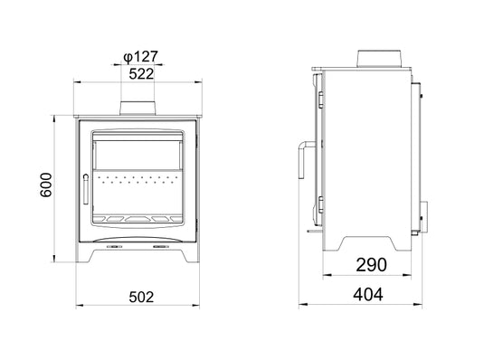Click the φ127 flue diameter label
pyautogui.click(x=139, y=56)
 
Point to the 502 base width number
pyautogui.click(x=142, y=296)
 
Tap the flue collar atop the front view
pyautogui.click(x=140, y=108)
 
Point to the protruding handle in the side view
pyautogui.click(x=300, y=160)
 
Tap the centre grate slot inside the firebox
pyautogui.click(x=140, y=218)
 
